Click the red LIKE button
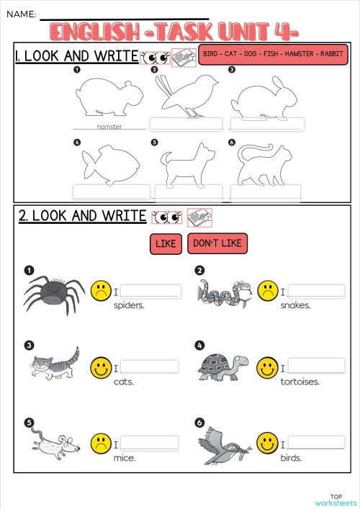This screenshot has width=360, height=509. pyautogui.click(x=166, y=244)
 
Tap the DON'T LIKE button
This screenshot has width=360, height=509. pyautogui.click(x=217, y=243)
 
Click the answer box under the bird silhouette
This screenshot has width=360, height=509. pyautogui.click(x=186, y=125)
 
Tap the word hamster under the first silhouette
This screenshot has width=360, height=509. pyautogui.click(x=109, y=127)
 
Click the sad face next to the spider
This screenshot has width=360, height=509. pyautogui.click(x=100, y=292)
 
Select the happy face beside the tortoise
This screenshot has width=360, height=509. pyautogui.click(x=267, y=367)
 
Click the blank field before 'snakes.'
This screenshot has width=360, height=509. pyautogui.click(x=316, y=292)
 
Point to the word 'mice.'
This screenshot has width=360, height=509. pyautogui.click(x=125, y=457)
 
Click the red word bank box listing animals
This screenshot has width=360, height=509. pyautogui.click(x=273, y=55)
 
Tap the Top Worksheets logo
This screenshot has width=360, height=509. pyautogui.click(x=336, y=500)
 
